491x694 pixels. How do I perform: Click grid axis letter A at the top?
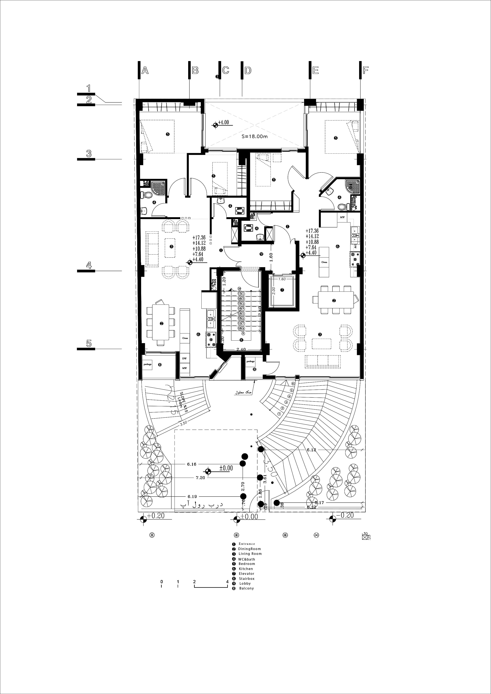pyautogui.click(x=145, y=71)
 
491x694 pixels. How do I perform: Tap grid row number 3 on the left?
pyautogui.click(x=89, y=154)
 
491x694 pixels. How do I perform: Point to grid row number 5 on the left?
pyautogui.click(x=89, y=343)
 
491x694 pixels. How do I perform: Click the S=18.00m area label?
pyautogui.click(x=254, y=136)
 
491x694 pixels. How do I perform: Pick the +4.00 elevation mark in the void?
pyautogui.click(x=223, y=123)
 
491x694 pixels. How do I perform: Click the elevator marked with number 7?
pyautogui.click(x=282, y=290)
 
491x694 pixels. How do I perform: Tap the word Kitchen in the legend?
pyautogui.click(x=246, y=569)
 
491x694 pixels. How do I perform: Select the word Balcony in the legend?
pyautogui.click(x=246, y=588)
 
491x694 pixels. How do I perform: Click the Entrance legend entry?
pyautogui.click(x=247, y=544)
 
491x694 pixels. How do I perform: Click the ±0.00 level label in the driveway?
pyautogui.click(x=226, y=468)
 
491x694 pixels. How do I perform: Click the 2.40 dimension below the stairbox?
pyautogui.click(x=241, y=349)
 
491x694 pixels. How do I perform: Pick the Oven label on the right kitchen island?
pyautogui.click(x=324, y=262)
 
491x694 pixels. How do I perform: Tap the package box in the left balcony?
pyautogui.click(x=148, y=365)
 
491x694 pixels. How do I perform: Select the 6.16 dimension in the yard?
pyautogui.click(x=192, y=464)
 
